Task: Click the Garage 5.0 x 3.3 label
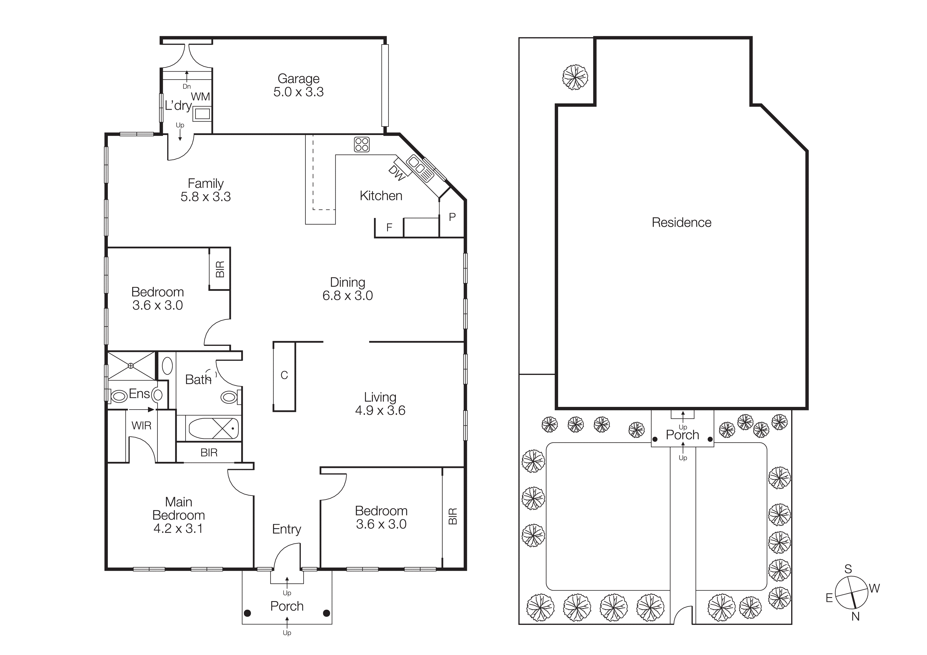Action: point(298,85)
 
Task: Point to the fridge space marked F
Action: point(389,227)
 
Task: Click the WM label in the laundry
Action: point(200,97)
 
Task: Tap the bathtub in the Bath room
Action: point(214,428)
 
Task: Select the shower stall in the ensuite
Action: point(131,366)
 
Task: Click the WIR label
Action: point(141,426)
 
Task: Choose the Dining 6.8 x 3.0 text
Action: point(347,289)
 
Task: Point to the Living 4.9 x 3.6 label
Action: point(380,403)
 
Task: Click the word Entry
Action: point(286,529)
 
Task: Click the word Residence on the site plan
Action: point(682,223)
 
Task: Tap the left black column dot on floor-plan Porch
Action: point(248,614)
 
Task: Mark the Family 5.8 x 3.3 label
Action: point(206,190)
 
